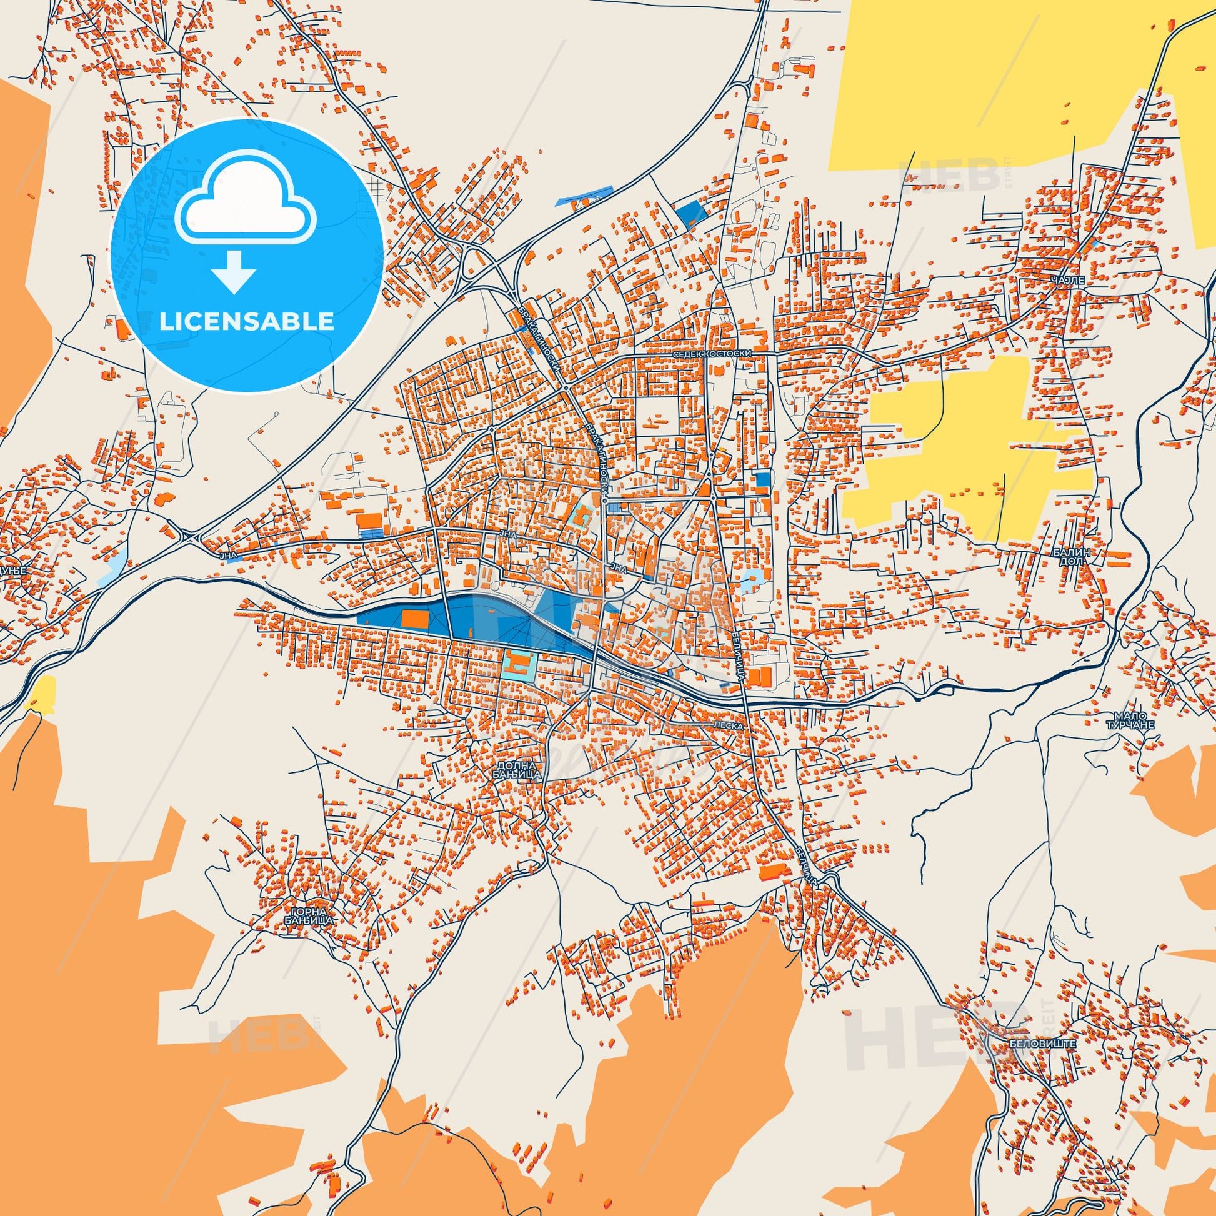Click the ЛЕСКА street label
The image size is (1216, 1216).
coord(729,725)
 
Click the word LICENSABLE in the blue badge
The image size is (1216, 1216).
coord(246,321)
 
